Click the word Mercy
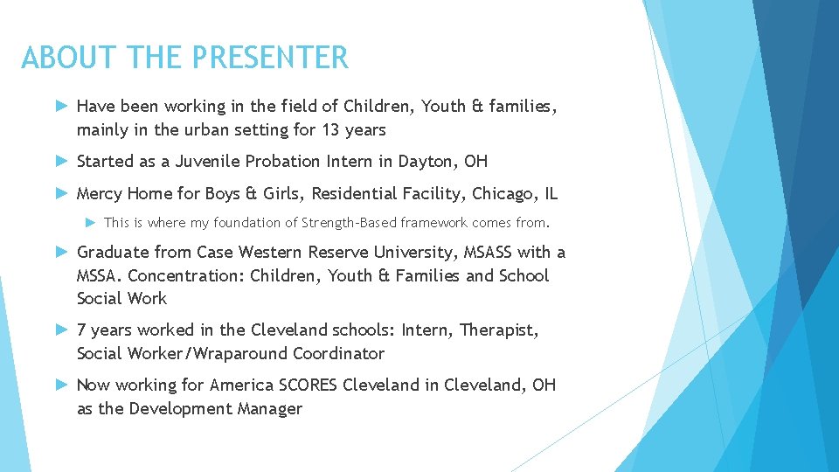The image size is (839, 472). click(x=99, y=193)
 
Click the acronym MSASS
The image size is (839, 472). click(x=484, y=253)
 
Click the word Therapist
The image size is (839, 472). click(x=498, y=330)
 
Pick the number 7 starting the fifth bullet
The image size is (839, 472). click(x=81, y=330)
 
